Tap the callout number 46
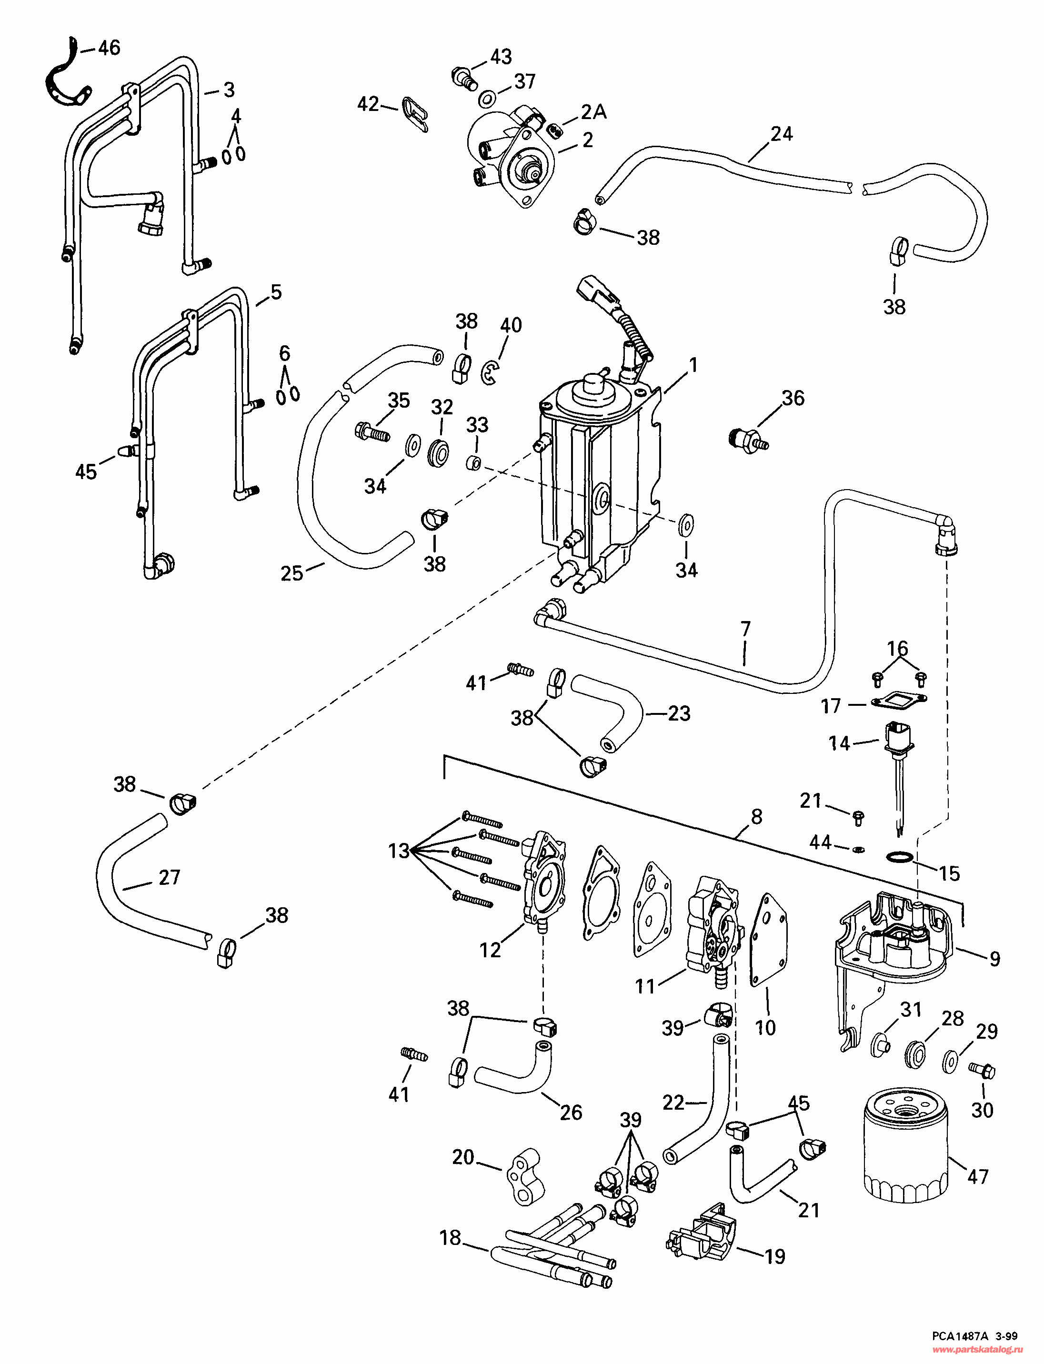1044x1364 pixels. (x=110, y=48)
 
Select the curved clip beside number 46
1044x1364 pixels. (x=68, y=76)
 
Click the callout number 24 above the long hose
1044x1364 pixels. (x=781, y=134)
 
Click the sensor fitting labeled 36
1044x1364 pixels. (x=748, y=439)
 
